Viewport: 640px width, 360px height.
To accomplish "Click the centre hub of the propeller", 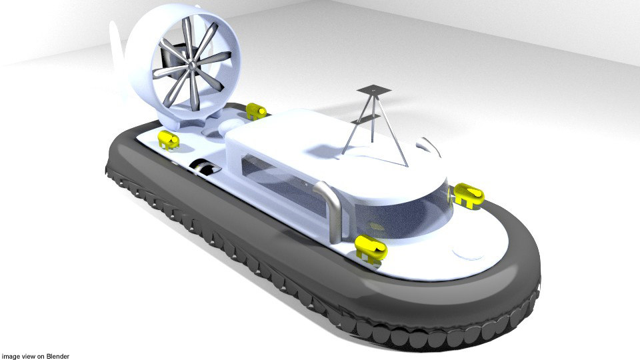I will pyautogui.click(x=189, y=65).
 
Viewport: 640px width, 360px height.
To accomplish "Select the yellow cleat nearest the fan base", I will pyautogui.click(x=168, y=140).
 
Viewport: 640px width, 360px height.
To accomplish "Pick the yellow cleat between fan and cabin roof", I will pyautogui.click(x=255, y=111).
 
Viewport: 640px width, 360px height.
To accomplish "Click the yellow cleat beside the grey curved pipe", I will pyautogui.click(x=371, y=247).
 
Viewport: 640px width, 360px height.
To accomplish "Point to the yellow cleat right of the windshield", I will pyautogui.click(x=469, y=195).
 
